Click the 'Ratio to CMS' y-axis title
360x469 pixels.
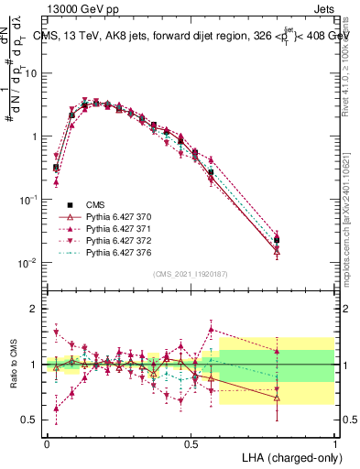coord(12,365)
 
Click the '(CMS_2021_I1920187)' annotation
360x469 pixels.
coord(191,273)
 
